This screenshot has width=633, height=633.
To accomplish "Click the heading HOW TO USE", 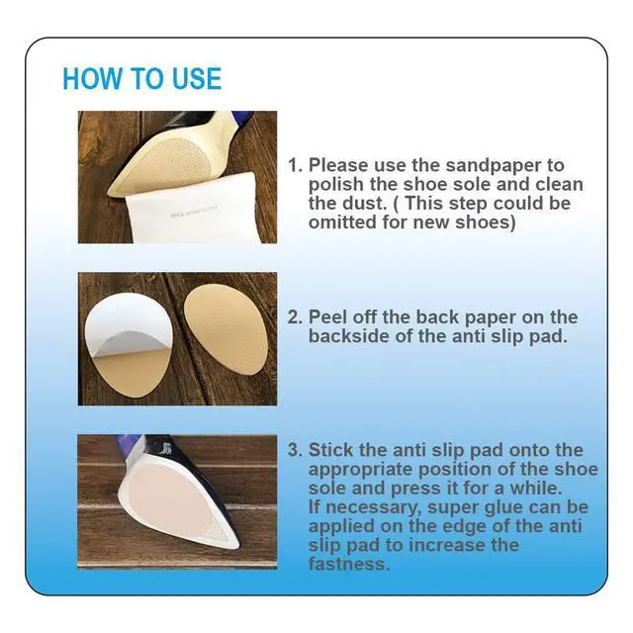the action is (142, 78).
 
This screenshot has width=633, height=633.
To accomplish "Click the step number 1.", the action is (295, 165).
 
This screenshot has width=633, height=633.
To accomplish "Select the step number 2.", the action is (295, 317).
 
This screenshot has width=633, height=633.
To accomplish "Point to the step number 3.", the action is (295, 450).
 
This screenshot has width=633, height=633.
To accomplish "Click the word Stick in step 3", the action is (330, 450).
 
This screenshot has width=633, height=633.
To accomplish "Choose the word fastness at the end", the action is (349, 564).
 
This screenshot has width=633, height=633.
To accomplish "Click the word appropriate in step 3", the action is (360, 470).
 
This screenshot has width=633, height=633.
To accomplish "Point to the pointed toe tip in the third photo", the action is (236, 547).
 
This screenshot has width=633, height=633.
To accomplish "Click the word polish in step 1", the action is (336, 185).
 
